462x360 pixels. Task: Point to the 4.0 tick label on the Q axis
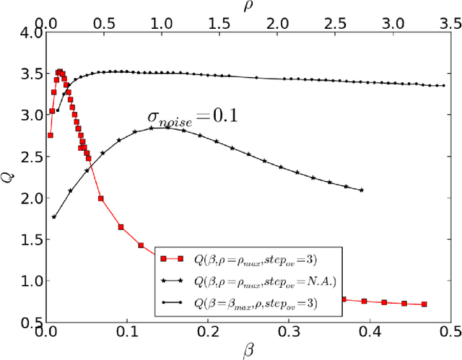[x=30, y=32]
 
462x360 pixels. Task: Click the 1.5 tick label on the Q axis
[x=30, y=240]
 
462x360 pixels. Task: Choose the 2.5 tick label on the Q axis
[x=30, y=157]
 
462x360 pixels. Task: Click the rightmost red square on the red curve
[x=424, y=304]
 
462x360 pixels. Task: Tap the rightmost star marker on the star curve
[x=361, y=190]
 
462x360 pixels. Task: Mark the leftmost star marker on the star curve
[x=54, y=216]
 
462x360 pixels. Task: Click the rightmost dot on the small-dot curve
[x=443, y=86]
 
